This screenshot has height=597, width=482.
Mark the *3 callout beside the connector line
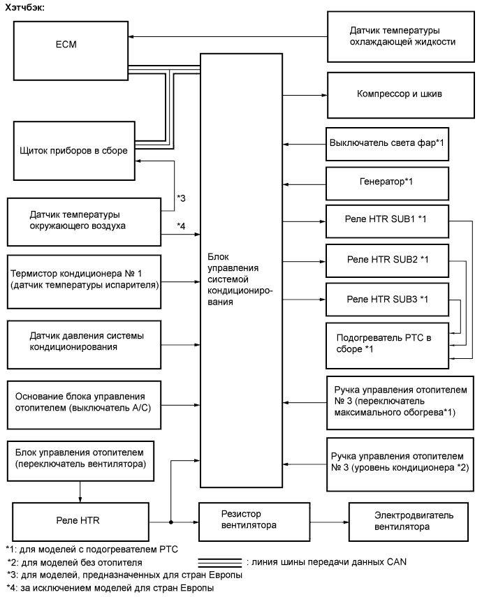pos(180,199)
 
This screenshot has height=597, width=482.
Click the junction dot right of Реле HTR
pos(170,521)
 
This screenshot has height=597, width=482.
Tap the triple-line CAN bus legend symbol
pos(221,561)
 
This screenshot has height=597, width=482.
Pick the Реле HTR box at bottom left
pos(80,521)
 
